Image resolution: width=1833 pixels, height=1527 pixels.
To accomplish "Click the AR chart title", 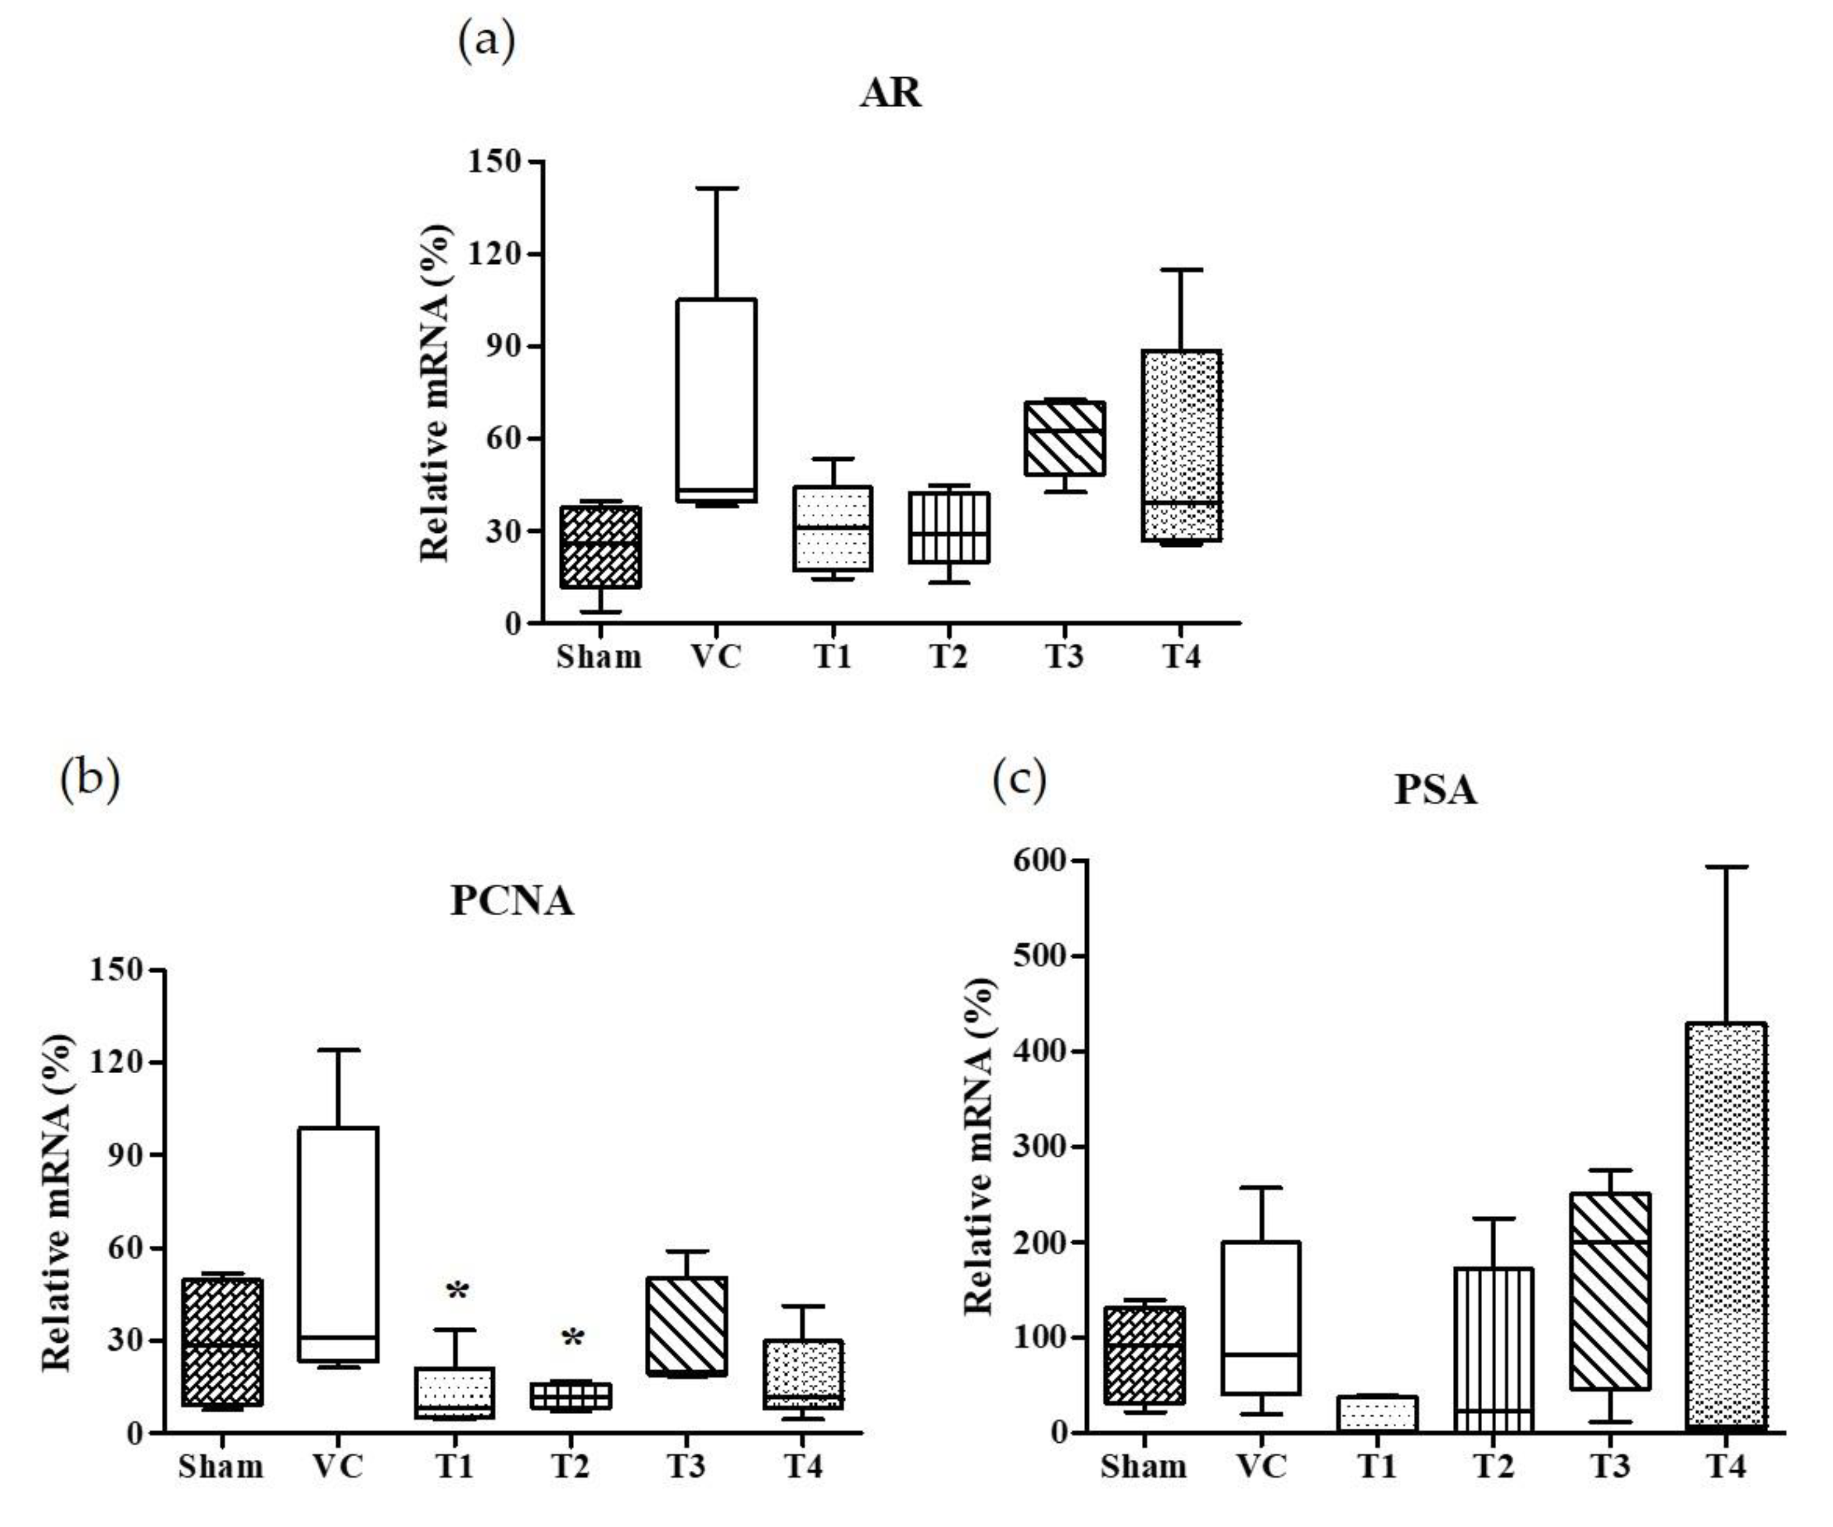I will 890,92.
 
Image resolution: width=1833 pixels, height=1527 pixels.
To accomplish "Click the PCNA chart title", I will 512,900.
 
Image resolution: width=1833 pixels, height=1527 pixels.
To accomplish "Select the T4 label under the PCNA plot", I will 803,1466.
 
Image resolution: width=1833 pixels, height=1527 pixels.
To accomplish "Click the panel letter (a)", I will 486,41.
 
